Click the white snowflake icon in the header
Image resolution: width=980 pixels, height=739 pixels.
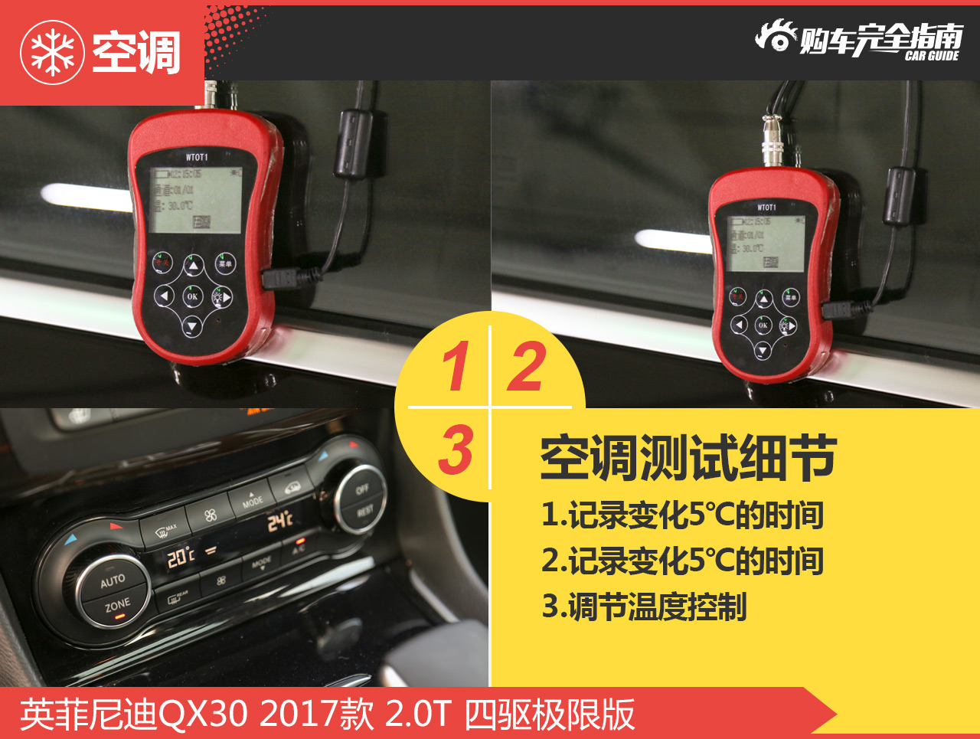click(x=52, y=52)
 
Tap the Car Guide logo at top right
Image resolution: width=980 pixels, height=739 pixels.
click(x=859, y=40)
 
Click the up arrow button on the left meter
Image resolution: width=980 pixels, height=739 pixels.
click(x=193, y=266)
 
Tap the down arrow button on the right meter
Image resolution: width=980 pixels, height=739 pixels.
click(x=762, y=351)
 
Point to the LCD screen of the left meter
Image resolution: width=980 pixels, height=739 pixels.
click(x=194, y=200)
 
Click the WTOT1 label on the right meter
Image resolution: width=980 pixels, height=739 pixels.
click(x=766, y=208)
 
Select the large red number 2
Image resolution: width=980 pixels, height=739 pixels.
click(x=527, y=366)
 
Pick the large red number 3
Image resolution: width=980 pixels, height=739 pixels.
click(x=456, y=449)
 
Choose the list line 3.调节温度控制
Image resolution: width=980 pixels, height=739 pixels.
click(x=644, y=607)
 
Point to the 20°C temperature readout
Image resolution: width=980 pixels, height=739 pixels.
click(x=181, y=557)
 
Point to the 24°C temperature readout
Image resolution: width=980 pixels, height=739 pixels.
click(x=279, y=522)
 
